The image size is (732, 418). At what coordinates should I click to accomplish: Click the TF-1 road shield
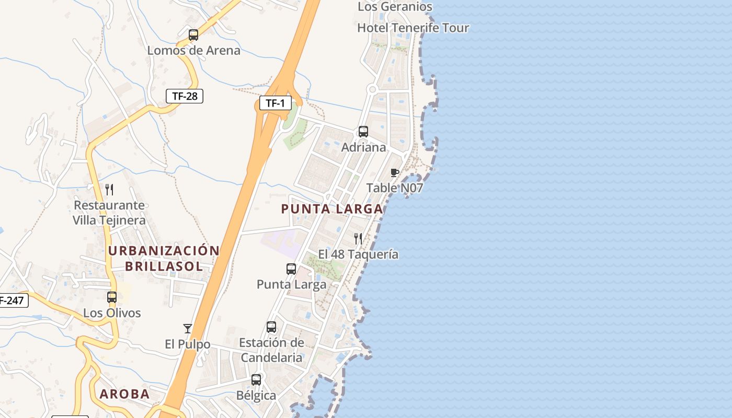tap(275, 103)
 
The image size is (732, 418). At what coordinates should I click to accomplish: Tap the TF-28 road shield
tap(184, 96)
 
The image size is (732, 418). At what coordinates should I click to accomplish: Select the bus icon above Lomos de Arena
tap(193, 35)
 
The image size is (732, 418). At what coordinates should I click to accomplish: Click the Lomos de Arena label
tap(193, 51)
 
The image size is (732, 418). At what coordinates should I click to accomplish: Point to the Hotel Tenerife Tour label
tap(413, 28)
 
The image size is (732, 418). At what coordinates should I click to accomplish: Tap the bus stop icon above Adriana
tap(363, 132)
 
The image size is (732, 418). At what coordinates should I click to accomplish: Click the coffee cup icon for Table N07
tap(395, 172)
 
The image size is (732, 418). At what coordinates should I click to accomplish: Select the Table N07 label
tap(394, 188)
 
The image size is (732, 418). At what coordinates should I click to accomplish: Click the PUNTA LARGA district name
tap(332, 209)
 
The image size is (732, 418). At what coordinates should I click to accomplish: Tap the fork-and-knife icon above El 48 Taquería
tap(358, 239)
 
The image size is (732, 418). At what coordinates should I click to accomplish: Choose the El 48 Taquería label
tap(358, 254)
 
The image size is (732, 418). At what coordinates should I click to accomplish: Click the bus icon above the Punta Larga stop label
tap(291, 269)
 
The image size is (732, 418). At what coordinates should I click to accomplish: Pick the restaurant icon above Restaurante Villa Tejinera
tap(109, 189)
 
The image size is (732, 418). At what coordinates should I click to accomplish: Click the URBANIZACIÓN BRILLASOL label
tap(164, 258)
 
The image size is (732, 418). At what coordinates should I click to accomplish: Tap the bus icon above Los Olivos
tap(112, 297)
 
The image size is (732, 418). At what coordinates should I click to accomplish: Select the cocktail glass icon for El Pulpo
tap(188, 329)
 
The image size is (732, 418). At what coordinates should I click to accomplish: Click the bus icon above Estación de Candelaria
tap(271, 327)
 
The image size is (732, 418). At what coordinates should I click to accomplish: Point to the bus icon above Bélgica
tap(256, 380)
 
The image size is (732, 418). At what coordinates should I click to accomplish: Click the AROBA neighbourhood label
tap(124, 394)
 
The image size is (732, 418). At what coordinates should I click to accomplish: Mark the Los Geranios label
tap(395, 7)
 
